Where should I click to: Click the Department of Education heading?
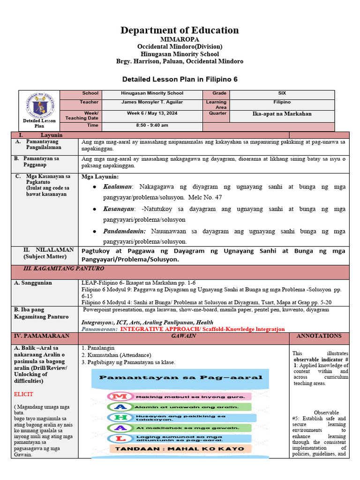[180, 30]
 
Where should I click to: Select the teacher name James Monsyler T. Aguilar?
[152, 102]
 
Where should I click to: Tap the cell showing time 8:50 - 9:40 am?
[152, 125]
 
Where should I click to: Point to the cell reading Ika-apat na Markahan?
[282, 114]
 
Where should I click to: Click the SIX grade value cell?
[282, 93]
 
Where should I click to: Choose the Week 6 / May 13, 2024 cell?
[152, 113]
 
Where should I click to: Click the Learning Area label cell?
[216, 105]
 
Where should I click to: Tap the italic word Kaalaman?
[118, 187]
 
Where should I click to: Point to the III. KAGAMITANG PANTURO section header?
[64, 269]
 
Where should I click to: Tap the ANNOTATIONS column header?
[319, 336]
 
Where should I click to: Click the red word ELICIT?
[23, 395]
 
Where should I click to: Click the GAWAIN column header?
[183, 336]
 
